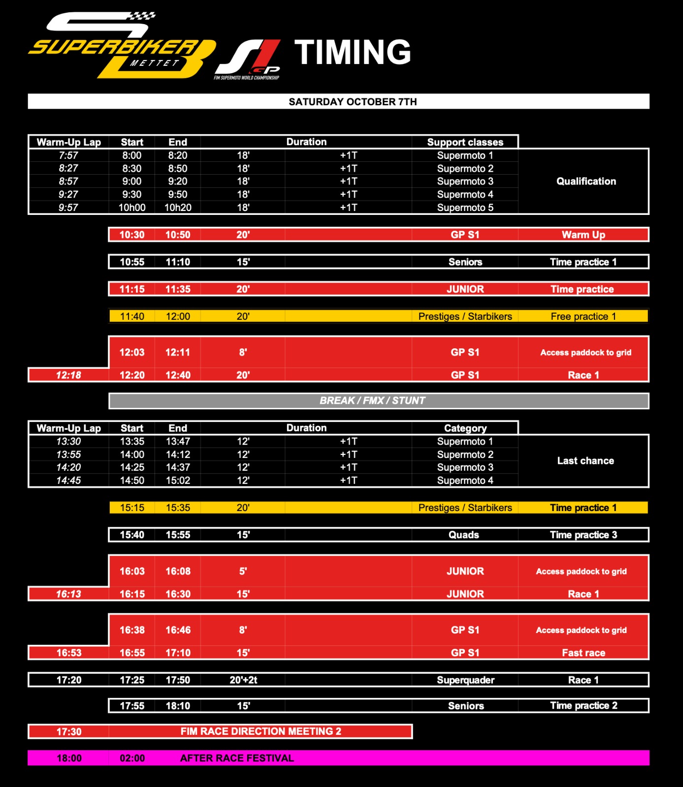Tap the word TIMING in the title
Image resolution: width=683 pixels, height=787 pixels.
(353, 52)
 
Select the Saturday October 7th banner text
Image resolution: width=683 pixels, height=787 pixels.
(353, 102)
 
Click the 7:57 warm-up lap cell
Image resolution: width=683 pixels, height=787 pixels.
(68, 155)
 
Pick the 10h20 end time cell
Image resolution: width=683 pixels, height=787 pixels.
(178, 208)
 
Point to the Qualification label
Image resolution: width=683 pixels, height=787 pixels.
(586, 182)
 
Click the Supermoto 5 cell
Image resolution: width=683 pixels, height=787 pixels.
(465, 208)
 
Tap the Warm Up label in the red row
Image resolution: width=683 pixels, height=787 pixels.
(584, 235)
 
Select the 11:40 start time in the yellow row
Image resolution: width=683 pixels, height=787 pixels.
(132, 316)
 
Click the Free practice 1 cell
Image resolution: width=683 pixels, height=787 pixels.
(584, 316)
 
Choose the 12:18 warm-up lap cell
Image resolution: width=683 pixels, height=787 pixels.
(68, 375)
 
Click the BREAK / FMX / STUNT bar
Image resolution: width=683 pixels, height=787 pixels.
(372, 401)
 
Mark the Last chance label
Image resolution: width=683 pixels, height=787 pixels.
(585, 461)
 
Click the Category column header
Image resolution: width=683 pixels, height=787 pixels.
(465, 428)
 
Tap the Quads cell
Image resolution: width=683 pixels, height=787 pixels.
(464, 535)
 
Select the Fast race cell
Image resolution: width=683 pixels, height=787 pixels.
(584, 653)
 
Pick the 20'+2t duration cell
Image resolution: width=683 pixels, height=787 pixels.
(243, 680)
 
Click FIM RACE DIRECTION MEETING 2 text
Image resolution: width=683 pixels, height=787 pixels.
(260, 731)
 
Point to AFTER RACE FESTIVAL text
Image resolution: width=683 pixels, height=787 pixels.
(237, 758)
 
